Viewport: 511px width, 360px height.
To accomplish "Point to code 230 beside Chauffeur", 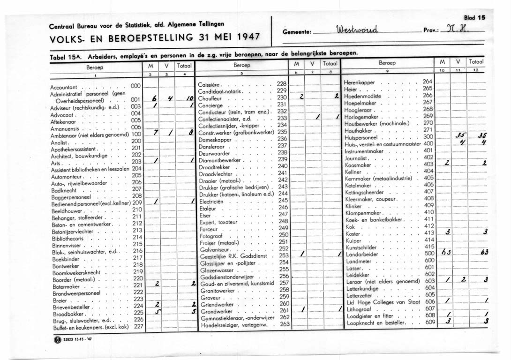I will coord(281,97).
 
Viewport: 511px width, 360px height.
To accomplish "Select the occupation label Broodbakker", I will coord(68,312).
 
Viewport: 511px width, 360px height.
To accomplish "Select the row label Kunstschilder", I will coord(361,247).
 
